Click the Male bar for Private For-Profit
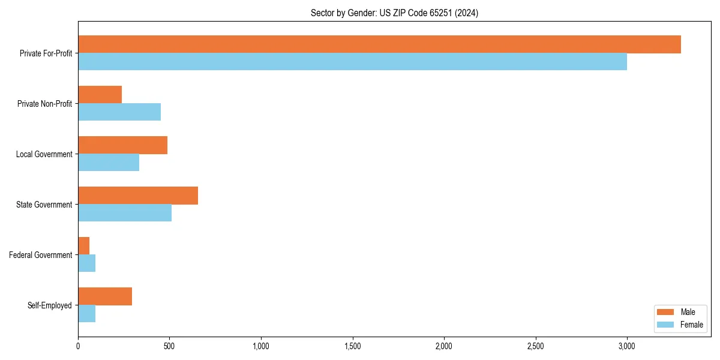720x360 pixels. pyautogui.click(x=379, y=44)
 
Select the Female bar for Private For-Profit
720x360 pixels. pyautogui.click(x=352, y=61)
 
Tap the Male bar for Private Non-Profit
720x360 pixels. pyautogui.click(x=100, y=95)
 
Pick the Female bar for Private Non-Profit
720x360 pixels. pyautogui.click(x=119, y=112)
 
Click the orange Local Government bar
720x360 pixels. pyautogui.click(x=122, y=145)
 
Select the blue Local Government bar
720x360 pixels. pyautogui.click(x=109, y=162)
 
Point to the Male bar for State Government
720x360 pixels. pyautogui.click(x=138, y=196)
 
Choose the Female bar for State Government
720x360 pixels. pyautogui.click(x=125, y=212)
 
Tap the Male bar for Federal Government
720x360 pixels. pyautogui.click(x=83, y=246)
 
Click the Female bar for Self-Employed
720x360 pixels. pyautogui.click(x=86, y=313)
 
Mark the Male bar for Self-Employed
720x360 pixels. pyautogui.click(x=105, y=296)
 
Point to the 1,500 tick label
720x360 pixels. pyautogui.click(x=353, y=346)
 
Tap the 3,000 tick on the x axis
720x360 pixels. pyautogui.click(x=627, y=346)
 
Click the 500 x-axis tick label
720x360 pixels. pyautogui.click(x=170, y=346)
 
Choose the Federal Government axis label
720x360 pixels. pyautogui.click(x=41, y=255)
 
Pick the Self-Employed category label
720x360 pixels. pyautogui.click(x=50, y=305)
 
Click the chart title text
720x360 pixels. pyautogui.click(x=394, y=13)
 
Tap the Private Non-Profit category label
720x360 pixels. pyautogui.click(x=44, y=104)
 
